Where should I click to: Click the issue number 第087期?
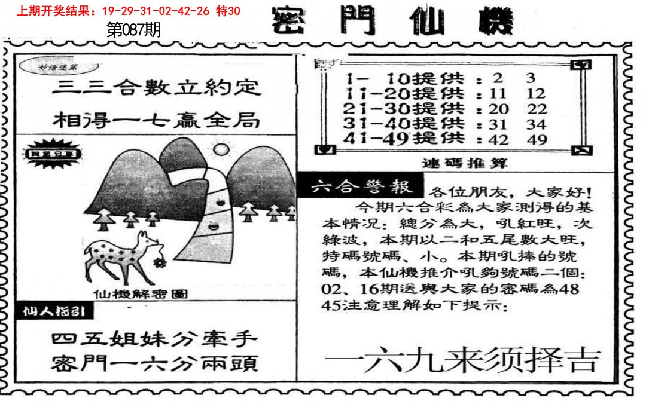(133, 30)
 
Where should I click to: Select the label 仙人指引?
(54, 311)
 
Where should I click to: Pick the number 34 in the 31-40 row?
(537, 124)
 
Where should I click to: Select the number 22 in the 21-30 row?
(537, 109)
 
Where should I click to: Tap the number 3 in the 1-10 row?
(531, 78)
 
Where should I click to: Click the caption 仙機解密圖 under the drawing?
(141, 293)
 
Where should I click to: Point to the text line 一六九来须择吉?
(462, 360)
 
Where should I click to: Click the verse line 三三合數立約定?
(157, 88)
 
